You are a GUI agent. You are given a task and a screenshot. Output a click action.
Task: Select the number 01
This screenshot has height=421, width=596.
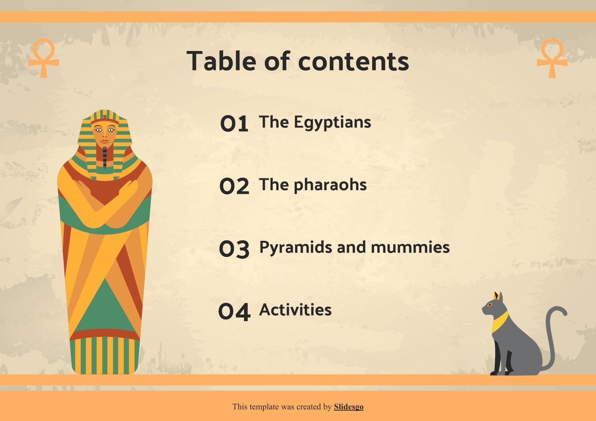click(x=234, y=124)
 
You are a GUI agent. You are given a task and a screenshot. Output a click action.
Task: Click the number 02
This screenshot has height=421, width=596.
click(x=234, y=186)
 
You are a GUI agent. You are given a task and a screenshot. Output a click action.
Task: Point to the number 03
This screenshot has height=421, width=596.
click(x=234, y=249)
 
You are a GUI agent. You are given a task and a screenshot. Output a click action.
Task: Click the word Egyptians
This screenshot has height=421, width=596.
click(x=332, y=122)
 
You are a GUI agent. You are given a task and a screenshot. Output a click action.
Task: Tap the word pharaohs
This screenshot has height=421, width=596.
click(x=330, y=185)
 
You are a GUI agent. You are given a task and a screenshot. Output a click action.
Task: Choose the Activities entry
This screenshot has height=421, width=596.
click(x=295, y=310)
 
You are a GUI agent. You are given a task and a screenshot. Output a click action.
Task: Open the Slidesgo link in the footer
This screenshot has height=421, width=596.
click(x=348, y=407)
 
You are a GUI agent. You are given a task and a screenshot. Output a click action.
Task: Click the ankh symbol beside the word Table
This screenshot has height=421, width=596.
click(x=44, y=58)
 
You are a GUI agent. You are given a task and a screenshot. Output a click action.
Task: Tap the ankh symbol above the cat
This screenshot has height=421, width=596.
click(x=552, y=58)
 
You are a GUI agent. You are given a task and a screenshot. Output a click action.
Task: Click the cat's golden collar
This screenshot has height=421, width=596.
click(x=499, y=321)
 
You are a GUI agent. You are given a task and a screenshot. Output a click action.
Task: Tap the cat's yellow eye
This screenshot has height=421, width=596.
click(x=490, y=305)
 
